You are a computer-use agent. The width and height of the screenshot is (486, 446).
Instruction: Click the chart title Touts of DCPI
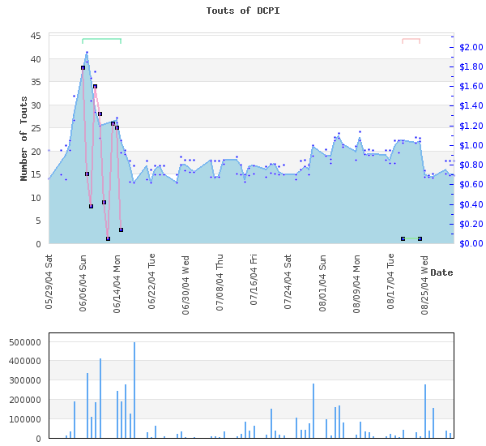[243, 11]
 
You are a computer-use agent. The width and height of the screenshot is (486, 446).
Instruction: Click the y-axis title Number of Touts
[24, 139]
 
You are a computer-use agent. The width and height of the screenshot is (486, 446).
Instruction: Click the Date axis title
[441, 272]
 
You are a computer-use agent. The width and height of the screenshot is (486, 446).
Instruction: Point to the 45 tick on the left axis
[36, 36]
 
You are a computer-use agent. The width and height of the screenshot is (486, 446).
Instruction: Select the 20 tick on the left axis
[36, 152]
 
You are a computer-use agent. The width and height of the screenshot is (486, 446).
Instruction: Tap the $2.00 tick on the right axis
[471, 47]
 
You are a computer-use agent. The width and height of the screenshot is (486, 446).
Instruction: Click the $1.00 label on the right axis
[471, 145]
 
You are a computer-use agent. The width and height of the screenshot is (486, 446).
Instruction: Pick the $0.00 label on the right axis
[471, 243]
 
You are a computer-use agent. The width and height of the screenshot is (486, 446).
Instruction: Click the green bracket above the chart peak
[101, 39]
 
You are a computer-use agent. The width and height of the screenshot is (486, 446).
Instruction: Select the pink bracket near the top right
[411, 39]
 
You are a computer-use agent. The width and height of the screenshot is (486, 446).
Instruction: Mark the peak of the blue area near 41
[87, 54]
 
